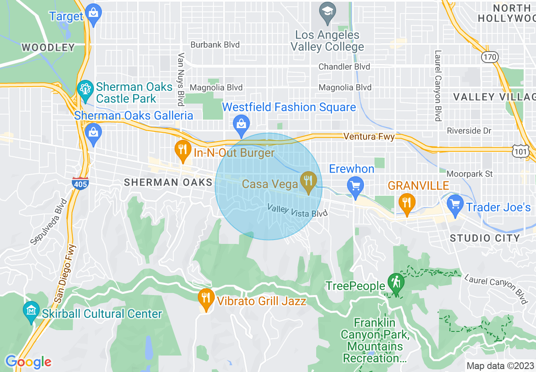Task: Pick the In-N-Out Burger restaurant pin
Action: pos(182,150)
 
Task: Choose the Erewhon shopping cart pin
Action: pos(356,186)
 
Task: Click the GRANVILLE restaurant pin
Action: pos(406,203)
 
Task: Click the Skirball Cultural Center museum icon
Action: pos(31,312)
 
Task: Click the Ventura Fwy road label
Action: pos(369,137)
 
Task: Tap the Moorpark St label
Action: pos(470,174)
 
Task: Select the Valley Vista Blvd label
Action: pos(297,211)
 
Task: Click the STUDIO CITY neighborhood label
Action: pos(484,238)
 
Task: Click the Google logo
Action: pos(28,362)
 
